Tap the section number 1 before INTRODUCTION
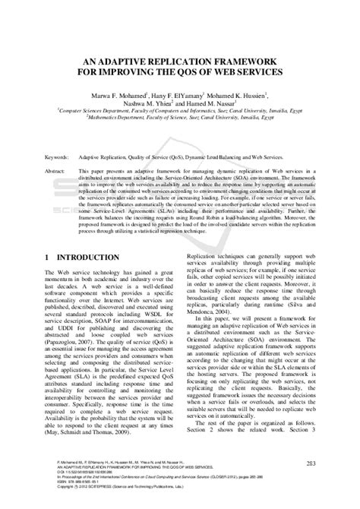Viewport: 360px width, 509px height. pos(47,258)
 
